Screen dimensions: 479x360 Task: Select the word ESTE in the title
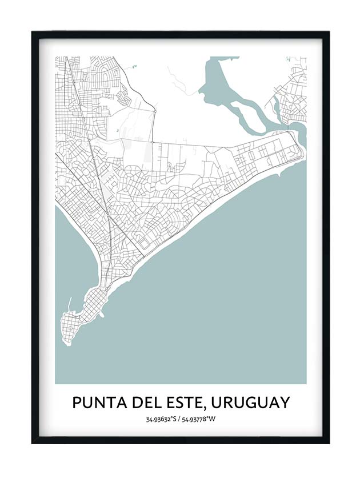pos(183,402)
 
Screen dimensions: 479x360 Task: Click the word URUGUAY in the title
pos(250,402)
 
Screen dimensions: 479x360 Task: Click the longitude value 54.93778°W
pos(200,420)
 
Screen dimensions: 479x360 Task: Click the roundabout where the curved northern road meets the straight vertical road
pos(154,108)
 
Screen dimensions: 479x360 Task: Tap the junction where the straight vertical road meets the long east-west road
pos(153,140)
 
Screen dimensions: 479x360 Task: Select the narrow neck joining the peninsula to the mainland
pos(104,274)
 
